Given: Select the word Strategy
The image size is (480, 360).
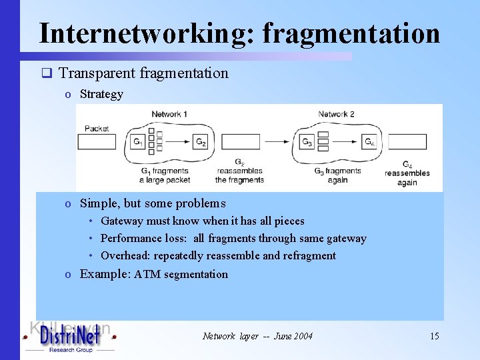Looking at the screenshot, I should tap(101, 94).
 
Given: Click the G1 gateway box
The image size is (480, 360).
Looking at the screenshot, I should tap(138, 142).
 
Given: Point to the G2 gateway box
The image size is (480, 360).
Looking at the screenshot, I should tap(201, 142).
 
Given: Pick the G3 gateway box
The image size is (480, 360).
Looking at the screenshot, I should tap(307, 142).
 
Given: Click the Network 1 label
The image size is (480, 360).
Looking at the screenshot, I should tap(169, 114).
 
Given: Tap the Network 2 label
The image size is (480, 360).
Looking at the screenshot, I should tap(337, 114).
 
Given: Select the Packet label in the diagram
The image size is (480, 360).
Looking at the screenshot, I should tap(97, 128).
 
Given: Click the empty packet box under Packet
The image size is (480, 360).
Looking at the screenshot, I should tap(97, 142).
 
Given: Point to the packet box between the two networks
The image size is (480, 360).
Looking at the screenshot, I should tap(240, 142).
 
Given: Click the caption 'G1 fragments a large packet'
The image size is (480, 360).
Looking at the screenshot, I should tap(165, 175).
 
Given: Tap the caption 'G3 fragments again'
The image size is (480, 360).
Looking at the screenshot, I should tap(337, 175).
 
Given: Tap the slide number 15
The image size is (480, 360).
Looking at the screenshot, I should tap(434, 336).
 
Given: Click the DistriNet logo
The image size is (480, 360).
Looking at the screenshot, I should tap(69, 337).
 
